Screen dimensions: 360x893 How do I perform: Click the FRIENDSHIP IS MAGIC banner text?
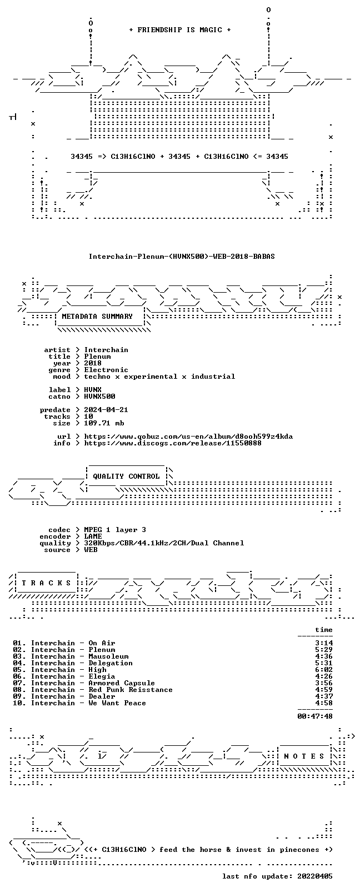click(x=180, y=30)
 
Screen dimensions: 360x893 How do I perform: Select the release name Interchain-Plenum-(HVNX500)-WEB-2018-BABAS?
click(x=182, y=257)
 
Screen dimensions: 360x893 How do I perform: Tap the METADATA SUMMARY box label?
click(x=97, y=316)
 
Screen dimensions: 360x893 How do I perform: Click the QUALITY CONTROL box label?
click(x=126, y=476)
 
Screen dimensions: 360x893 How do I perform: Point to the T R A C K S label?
click(x=46, y=583)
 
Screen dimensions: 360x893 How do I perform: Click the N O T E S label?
click(x=304, y=756)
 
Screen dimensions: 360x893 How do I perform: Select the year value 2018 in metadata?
click(x=93, y=363)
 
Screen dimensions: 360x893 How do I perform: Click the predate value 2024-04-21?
click(x=106, y=410)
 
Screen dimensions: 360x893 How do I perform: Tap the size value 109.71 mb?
click(x=104, y=423)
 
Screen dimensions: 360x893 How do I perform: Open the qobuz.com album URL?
click(x=188, y=437)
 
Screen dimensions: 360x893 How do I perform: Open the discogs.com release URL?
click(x=173, y=443)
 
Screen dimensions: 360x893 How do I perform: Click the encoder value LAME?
click(x=93, y=536)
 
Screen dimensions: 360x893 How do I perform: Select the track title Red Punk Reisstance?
click(x=131, y=690)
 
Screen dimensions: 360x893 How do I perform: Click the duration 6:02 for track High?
click(x=324, y=670)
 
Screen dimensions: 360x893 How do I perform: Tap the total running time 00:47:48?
click(x=315, y=716)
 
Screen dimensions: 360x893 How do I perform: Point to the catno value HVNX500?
click(x=99, y=397)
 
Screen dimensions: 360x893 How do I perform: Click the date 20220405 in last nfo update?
click(x=315, y=876)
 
